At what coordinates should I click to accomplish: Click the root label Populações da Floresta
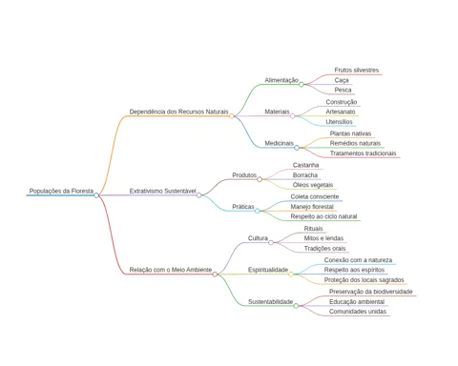tap(61, 191)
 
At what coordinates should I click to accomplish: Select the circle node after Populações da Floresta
tap(96, 195)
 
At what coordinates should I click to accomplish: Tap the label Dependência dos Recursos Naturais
tap(178, 112)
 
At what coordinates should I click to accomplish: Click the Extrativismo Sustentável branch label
tap(162, 191)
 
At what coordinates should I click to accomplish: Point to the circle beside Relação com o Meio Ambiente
tap(215, 274)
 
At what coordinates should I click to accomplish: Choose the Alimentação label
tap(281, 80)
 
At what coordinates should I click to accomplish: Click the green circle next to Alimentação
tap(302, 84)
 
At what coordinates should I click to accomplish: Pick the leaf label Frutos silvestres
tap(357, 70)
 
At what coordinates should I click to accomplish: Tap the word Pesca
tap(343, 90)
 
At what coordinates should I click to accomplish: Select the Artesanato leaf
tap(341, 112)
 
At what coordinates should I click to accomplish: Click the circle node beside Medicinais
tap(297, 148)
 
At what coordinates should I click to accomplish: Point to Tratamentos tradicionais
tap(363, 153)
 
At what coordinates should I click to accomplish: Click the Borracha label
tap(305, 175)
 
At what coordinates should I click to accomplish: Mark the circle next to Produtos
tap(260, 179)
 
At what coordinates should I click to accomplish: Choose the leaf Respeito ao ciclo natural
tap(323, 216)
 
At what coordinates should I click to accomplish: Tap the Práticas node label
tap(243, 207)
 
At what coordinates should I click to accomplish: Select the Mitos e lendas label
tap(323, 238)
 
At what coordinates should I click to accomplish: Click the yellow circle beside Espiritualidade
tap(291, 274)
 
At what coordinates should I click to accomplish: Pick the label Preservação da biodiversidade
tap(371, 292)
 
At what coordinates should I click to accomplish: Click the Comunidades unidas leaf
tap(358, 312)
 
